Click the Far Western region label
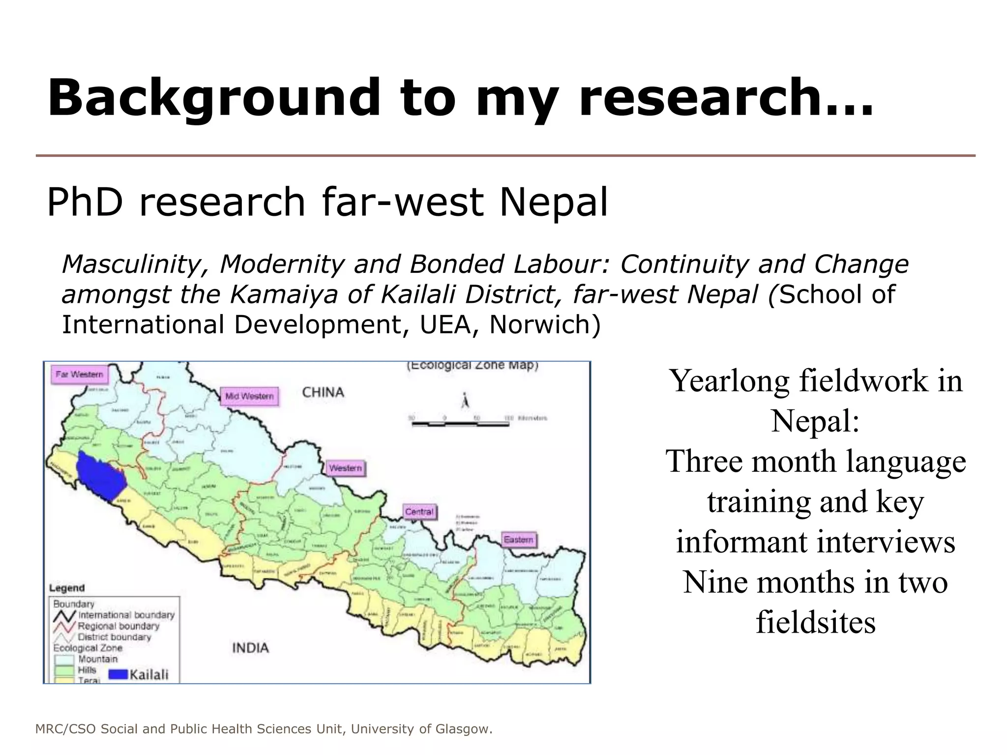pyautogui.click(x=79, y=375)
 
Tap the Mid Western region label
pyautogui.click(x=249, y=396)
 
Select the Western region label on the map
pyautogui.click(x=345, y=468)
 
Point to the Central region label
pyautogui.click(x=419, y=512)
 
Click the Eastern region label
pyautogui.click(x=518, y=540)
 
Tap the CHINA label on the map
pyautogui.click(x=323, y=392)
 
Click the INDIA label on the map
pyautogui.click(x=250, y=648)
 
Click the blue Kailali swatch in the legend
pyautogui.click(x=118, y=674)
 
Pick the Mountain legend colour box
pyautogui.click(x=64, y=660)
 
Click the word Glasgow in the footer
pyautogui.click(x=463, y=729)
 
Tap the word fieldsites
pyautogui.click(x=815, y=622)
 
